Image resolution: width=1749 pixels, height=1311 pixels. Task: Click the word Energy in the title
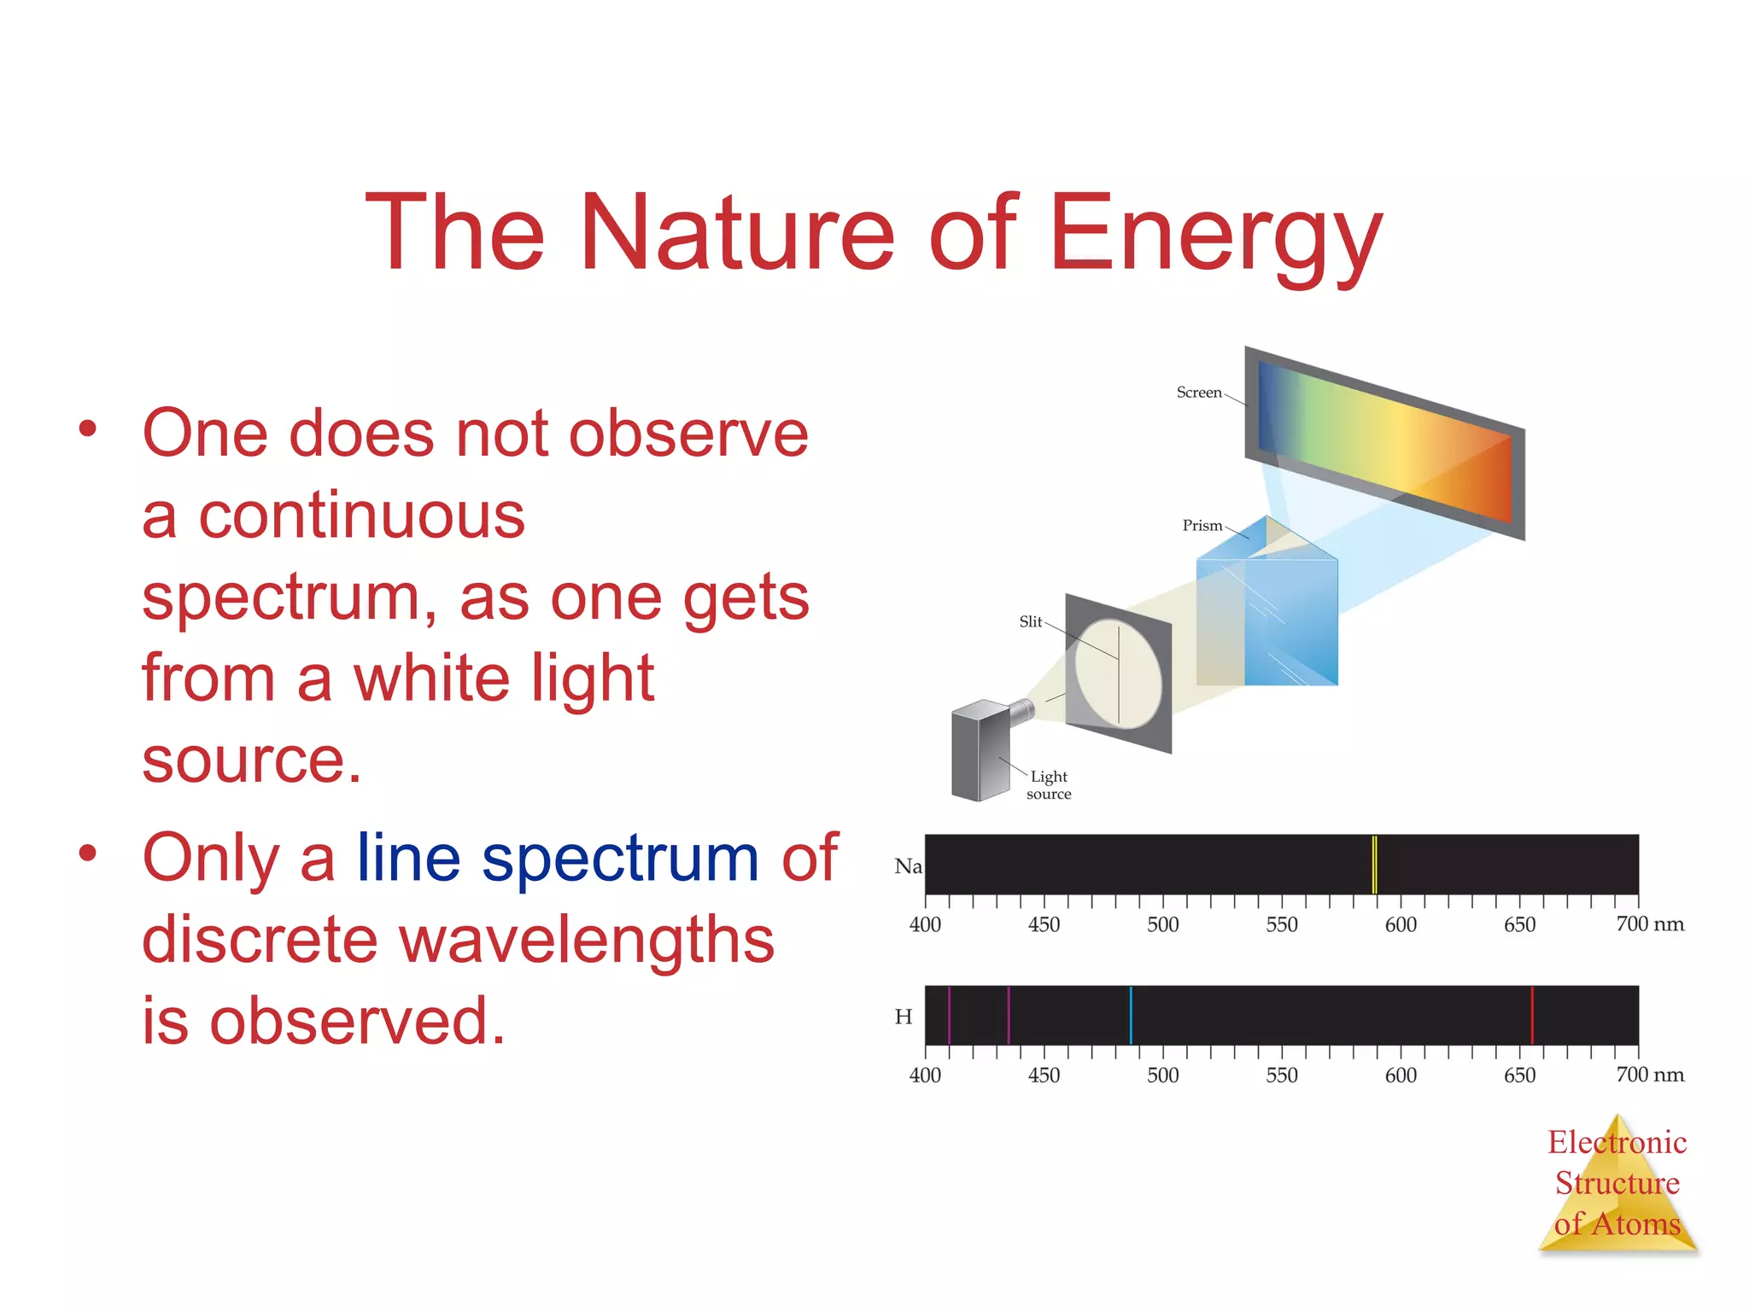coord(1214,235)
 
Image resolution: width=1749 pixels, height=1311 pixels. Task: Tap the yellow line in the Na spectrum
coord(1374,865)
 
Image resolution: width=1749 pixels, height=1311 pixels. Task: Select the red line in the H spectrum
coord(1532,1015)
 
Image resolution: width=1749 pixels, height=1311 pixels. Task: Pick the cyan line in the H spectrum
coord(1131,1015)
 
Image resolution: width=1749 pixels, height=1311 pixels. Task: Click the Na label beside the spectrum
coord(908,866)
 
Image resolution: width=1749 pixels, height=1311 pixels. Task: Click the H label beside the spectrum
coord(904,1017)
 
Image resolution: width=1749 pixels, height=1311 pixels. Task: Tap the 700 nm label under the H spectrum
coord(1649,1075)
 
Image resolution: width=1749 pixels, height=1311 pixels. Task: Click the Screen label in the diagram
coord(1199,393)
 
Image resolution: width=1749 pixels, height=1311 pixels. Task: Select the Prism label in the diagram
coord(1202,526)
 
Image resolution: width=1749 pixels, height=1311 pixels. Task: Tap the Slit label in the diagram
coord(1031,622)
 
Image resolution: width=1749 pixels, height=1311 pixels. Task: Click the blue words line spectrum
coord(557,859)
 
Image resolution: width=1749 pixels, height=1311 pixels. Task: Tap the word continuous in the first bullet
coord(362,516)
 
